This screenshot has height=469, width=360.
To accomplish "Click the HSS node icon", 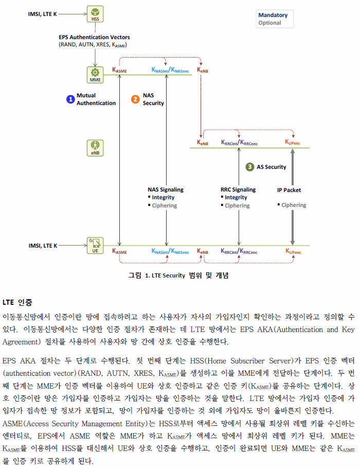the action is (x=95, y=14).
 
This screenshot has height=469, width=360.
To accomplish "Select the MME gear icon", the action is (x=95, y=75).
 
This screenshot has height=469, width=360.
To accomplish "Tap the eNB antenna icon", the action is (x=95, y=148).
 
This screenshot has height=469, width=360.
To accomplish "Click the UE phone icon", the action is (x=95, y=246).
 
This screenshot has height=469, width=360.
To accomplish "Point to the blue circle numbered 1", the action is (x=70, y=99).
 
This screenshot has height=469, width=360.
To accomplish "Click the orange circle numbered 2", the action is (x=135, y=99).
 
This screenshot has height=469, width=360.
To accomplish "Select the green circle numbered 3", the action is (x=250, y=167).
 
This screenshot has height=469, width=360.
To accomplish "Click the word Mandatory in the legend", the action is (x=273, y=15).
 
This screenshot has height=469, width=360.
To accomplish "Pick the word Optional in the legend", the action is (x=269, y=23).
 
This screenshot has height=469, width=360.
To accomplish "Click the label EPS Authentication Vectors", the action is (x=94, y=37).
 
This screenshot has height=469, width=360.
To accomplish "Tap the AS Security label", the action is (x=271, y=167).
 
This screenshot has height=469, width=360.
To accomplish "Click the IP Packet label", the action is (x=289, y=190).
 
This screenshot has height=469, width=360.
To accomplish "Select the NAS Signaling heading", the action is (x=166, y=189).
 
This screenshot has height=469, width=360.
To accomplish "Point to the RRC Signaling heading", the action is (x=238, y=189).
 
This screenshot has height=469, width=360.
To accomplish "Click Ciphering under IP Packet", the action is (x=294, y=205).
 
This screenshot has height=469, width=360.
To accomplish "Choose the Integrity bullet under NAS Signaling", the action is (x=163, y=197).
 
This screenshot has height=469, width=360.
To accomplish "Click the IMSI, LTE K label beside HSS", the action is (x=42, y=14).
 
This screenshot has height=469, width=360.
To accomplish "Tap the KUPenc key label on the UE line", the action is (x=293, y=251).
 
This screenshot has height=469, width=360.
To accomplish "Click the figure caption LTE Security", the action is (x=165, y=275).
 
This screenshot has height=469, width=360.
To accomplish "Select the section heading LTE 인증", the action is (x=17, y=302).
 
